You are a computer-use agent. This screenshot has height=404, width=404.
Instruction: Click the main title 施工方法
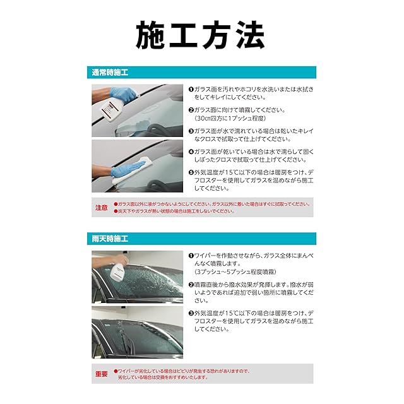coord(200,35)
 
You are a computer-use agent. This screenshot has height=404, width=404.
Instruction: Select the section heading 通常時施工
coord(110,73)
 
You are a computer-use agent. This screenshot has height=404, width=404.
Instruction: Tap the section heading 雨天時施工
coord(110,239)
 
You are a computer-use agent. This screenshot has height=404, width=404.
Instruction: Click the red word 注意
coord(102,208)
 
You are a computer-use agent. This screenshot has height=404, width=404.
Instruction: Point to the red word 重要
coord(102,374)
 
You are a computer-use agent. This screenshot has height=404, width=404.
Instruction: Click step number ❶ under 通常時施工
coord(191,90)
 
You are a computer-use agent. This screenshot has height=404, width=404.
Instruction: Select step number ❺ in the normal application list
coord(191,172)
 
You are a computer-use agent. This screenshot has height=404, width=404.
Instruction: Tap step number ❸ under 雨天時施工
coord(191,313)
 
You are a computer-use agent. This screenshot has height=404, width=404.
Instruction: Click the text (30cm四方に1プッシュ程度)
coord(230,118)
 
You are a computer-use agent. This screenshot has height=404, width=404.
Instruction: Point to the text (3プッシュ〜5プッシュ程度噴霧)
coord(235,272)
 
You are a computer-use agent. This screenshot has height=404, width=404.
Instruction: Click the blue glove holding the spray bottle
coord(123,94)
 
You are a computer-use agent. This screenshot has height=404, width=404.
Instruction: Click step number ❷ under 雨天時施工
coord(191,285)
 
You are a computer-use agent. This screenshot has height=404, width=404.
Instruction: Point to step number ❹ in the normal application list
coord(191,151)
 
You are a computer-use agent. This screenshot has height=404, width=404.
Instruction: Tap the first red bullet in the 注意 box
coord(116,204)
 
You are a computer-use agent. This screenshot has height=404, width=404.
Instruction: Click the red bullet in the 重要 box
coord(116,371)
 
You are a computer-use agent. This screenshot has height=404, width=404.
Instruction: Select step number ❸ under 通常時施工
coord(191,131)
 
